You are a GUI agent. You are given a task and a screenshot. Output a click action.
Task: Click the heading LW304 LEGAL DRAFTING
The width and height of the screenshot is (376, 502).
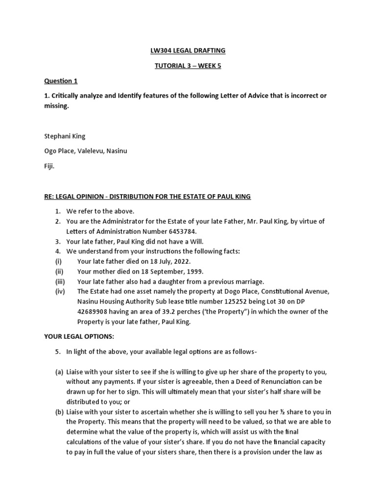pos(188,50)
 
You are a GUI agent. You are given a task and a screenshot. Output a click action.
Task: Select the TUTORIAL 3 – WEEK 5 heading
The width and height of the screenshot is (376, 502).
pos(188,66)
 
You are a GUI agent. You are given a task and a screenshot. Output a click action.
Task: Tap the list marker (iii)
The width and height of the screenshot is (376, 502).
pos(61,281)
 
